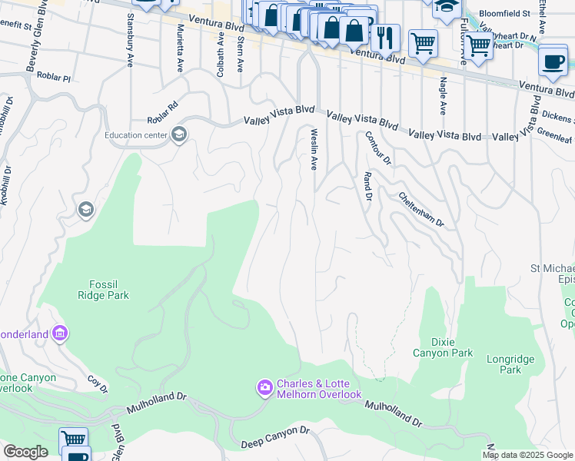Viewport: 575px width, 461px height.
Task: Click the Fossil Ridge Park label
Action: (103, 289)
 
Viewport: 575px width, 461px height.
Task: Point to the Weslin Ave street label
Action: (314, 149)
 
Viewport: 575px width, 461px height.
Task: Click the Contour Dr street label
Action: (377, 148)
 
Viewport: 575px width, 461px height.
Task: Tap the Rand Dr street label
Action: (367, 187)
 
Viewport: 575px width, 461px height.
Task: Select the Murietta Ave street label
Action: (181, 46)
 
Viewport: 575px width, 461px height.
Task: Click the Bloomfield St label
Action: (504, 14)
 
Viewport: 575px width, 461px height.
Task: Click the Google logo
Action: (25, 451)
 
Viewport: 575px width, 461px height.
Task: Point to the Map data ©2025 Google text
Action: (528, 455)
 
